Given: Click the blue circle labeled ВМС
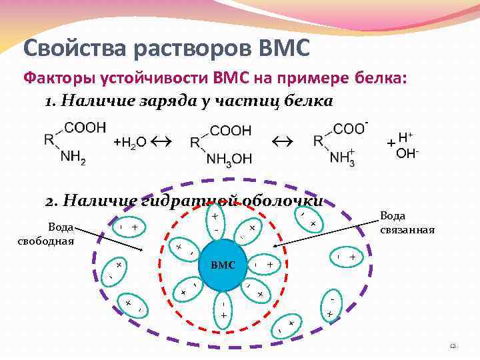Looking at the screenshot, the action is coord(223,265).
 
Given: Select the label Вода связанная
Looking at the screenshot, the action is coord(407,223).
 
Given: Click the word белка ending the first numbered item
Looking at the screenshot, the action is coord(309,101).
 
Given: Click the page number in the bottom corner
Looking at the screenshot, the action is coord(453,346).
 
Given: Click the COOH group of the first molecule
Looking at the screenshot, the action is coord(85,126).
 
